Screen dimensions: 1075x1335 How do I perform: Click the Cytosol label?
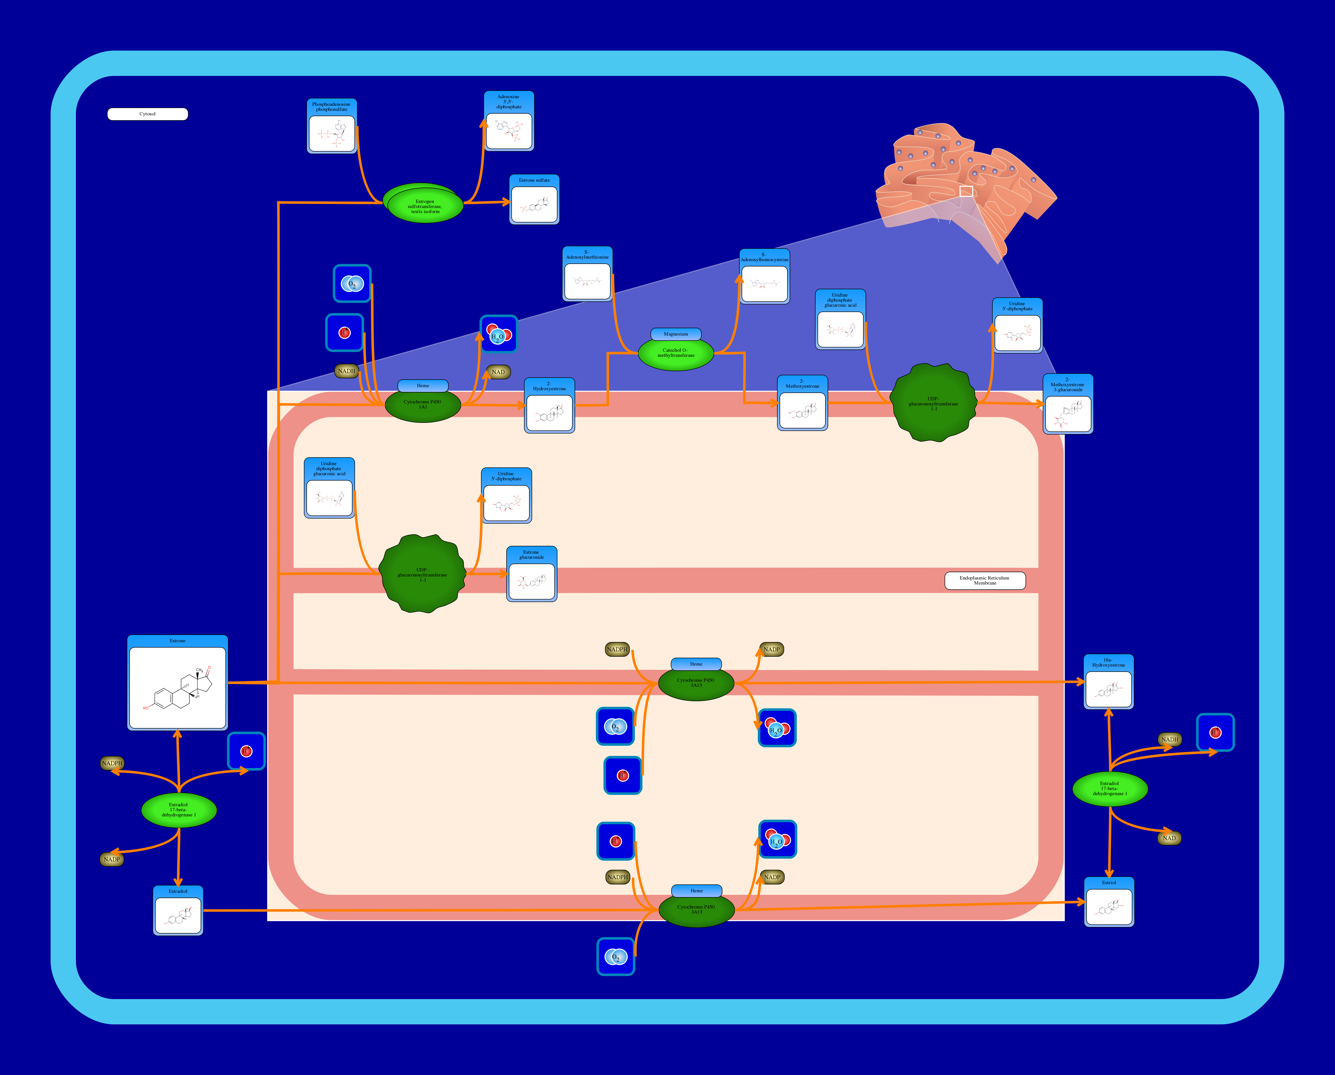[x=147, y=114]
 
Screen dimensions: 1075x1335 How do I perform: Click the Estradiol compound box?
[x=178, y=910]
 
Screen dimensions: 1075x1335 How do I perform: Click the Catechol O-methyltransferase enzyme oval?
[x=676, y=354]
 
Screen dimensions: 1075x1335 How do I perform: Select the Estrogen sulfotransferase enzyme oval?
[x=425, y=205]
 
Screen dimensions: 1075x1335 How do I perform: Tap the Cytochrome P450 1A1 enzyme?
[x=423, y=406]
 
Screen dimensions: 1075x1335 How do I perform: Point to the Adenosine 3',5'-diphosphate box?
[x=509, y=121]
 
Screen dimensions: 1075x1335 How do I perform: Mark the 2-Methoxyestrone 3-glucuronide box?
[x=1068, y=404]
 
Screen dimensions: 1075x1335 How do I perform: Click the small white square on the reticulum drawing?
[x=966, y=191]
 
